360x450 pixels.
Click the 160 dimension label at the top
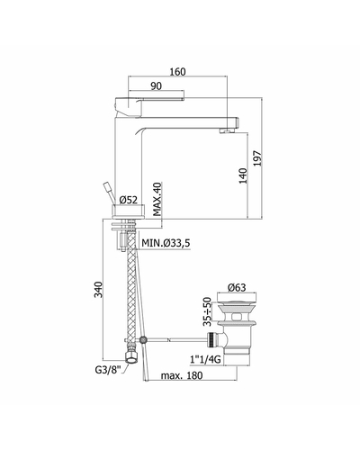click(177, 72)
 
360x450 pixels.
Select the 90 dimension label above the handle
click(156, 86)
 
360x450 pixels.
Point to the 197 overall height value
click(257, 158)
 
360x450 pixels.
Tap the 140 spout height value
click(243, 175)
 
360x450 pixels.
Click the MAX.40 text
click(157, 199)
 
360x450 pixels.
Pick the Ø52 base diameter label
click(129, 200)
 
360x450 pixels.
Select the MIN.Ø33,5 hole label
click(166, 243)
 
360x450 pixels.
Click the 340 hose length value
click(98, 290)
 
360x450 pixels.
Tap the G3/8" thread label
click(108, 370)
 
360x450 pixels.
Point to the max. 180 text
click(182, 375)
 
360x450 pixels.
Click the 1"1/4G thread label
click(205, 359)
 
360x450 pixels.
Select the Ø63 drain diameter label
click(237, 288)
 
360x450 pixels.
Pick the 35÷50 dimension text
click(208, 311)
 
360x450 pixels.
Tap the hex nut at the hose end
click(131, 357)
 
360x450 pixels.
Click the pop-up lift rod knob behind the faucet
click(108, 187)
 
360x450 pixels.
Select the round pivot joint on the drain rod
click(144, 340)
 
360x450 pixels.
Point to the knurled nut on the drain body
click(211, 339)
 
